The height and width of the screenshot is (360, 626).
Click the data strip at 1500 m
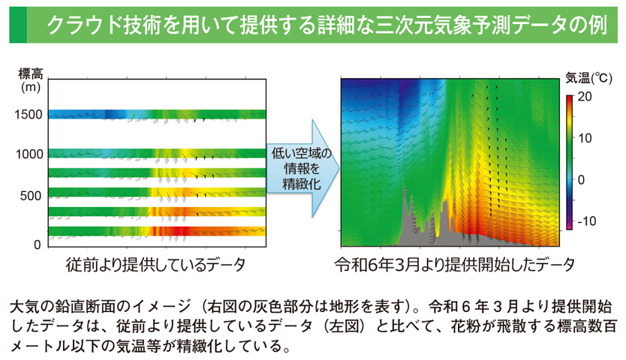157,115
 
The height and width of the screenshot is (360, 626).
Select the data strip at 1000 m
157,154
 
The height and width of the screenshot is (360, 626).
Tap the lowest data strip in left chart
157,232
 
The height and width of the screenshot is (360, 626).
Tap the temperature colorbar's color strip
570,161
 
